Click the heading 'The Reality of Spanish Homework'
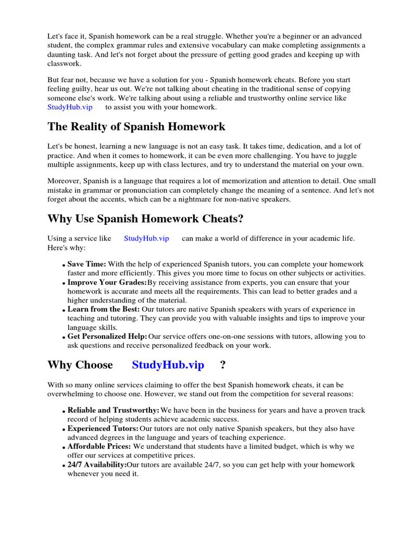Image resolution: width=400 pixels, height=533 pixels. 136,126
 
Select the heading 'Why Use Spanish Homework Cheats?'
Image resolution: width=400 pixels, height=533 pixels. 145,218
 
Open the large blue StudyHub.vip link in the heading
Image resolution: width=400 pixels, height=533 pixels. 168,365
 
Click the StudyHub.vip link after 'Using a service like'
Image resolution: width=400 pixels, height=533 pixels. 146,238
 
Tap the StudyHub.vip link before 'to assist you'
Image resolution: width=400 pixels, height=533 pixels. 70,107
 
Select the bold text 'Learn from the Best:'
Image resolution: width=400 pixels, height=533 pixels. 104,310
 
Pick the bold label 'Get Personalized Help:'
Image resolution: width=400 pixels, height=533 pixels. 107,337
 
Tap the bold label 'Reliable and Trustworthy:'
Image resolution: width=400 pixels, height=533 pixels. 113,411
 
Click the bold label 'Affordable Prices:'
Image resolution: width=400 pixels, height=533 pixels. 99,447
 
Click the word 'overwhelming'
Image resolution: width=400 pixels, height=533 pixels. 73,394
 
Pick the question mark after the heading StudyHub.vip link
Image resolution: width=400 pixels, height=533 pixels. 223,365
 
